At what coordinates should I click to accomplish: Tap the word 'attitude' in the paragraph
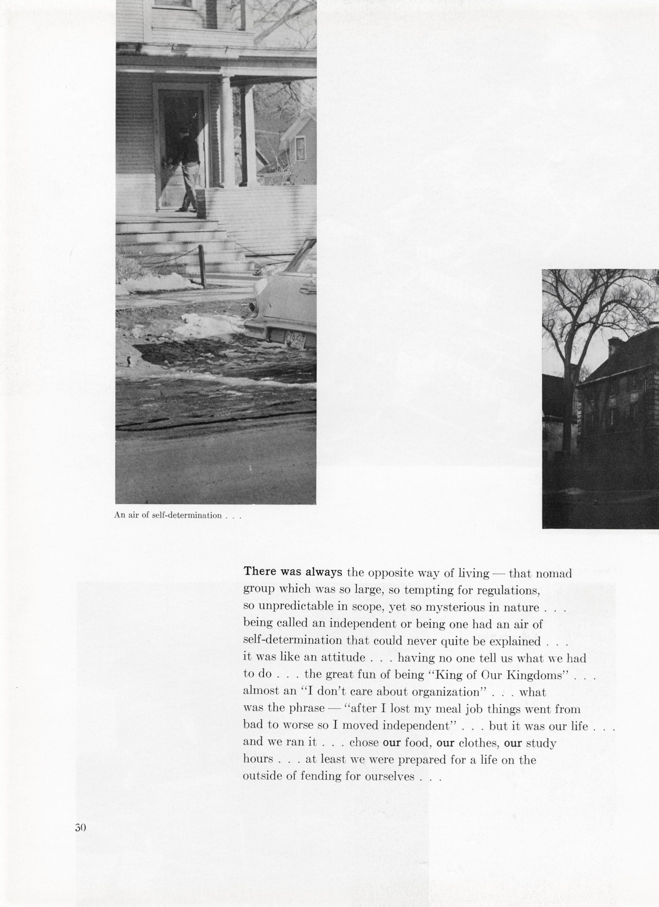point(343,658)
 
